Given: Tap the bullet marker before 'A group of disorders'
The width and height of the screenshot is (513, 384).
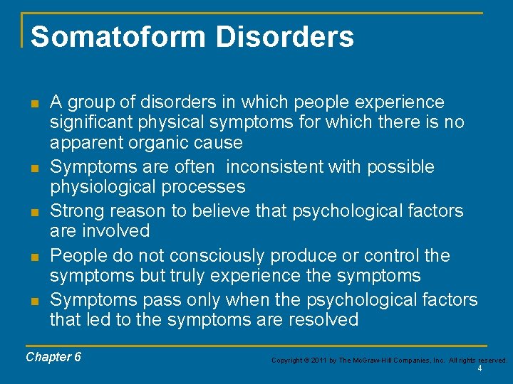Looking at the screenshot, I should pyautogui.click(x=33, y=103).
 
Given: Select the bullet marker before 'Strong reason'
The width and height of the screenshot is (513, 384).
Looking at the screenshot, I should pyautogui.click(x=33, y=211).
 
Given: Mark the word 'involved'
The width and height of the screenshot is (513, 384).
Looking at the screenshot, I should pyautogui.click(x=116, y=231).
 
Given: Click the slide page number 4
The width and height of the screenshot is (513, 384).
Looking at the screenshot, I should pyautogui.click(x=480, y=369).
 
